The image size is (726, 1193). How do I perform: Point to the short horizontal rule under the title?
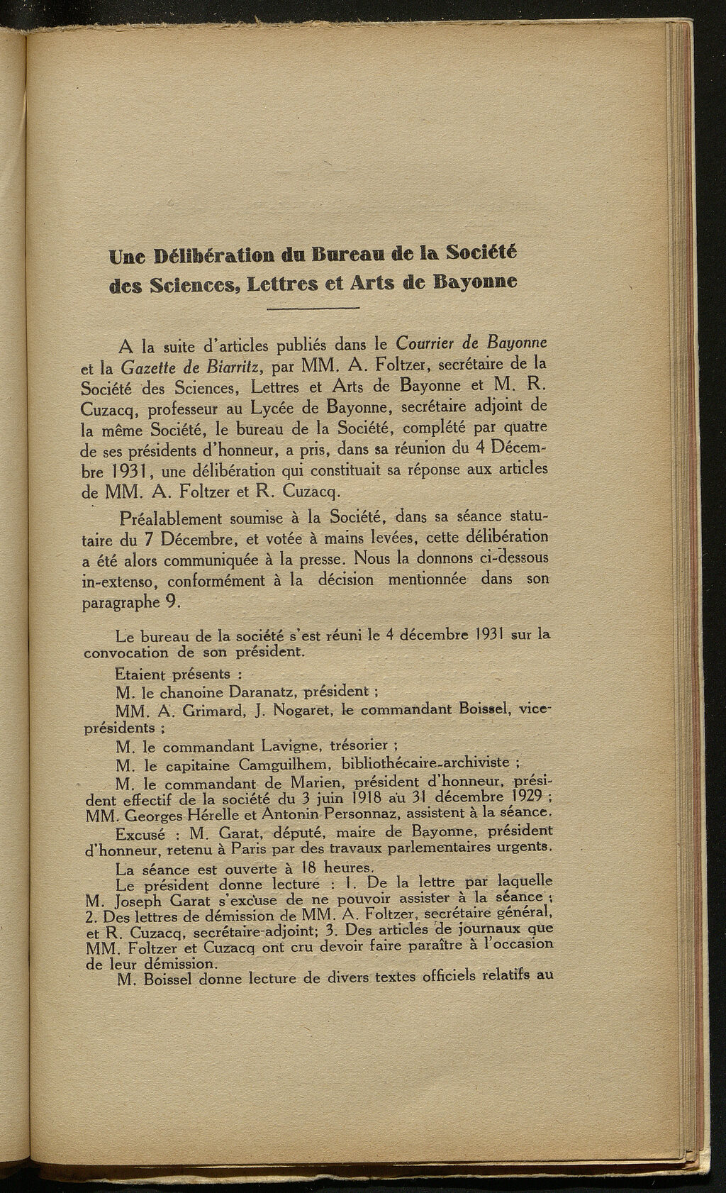(x=315, y=309)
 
